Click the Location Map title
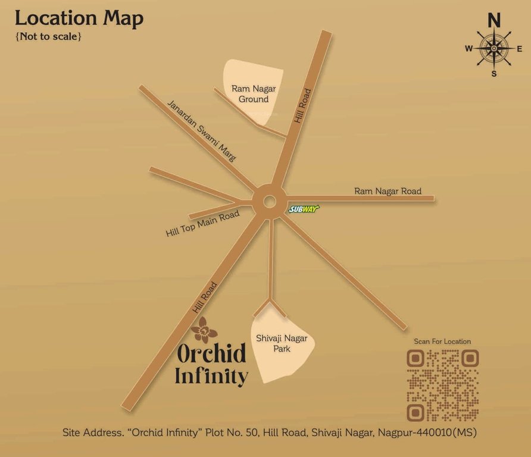pos(79,18)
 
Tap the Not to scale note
pos(48,36)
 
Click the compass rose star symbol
pos(493,49)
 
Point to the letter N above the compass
pos(494,21)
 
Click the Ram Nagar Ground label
pos(254,94)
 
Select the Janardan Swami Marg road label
pos(202,131)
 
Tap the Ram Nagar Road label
pos(388,191)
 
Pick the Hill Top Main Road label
pos(202,224)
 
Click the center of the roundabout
pos(268,202)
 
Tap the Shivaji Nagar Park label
pos(282,343)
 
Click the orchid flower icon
pos(204,330)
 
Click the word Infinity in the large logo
pos(211,376)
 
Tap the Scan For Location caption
pos(442,342)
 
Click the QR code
pos(443,384)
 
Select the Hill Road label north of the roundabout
pos(302,106)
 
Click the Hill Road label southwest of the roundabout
pos(204,297)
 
